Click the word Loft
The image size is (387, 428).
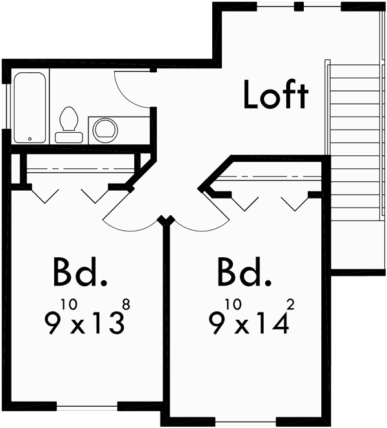point(275,95)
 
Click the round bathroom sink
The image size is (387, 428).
point(105,129)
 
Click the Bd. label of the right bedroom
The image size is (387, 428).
point(243,273)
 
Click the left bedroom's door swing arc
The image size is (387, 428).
point(132,222)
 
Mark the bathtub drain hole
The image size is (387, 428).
point(30,139)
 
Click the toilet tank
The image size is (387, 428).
point(68,137)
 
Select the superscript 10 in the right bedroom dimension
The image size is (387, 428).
point(232,301)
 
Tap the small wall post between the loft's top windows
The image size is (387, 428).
point(298,7)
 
